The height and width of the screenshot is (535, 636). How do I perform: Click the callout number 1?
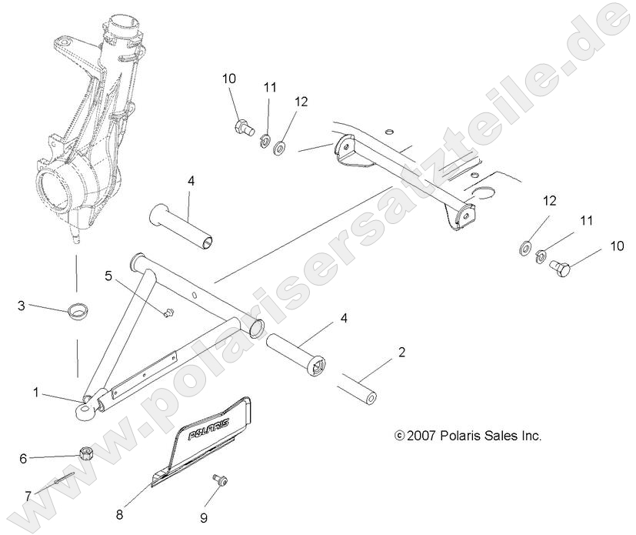click(x=35, y=393)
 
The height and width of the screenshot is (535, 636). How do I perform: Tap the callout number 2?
click(x=401, y=353)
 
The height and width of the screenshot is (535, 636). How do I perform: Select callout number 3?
click(x=22, y=306)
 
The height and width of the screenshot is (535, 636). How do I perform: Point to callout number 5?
click(x=108, y=275)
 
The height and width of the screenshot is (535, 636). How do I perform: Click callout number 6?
click(x=23, y=458)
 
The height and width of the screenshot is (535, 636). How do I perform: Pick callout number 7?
click(x=28, y=497)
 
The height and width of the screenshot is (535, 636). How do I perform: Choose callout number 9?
click(x=204, y=518)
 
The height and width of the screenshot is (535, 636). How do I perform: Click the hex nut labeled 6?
click(x=86, y=452)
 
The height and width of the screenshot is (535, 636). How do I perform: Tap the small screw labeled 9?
click(x=221, y=480)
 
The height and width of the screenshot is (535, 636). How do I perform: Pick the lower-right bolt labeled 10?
click(x=560, y=270)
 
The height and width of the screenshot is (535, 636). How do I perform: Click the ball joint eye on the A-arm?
click(x=84, y=410)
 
